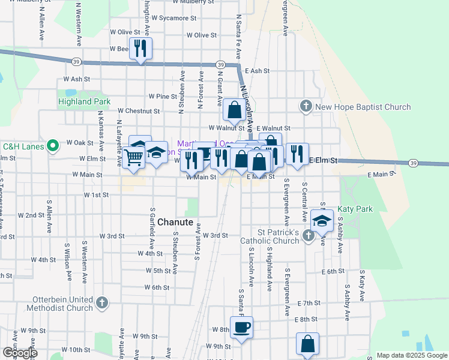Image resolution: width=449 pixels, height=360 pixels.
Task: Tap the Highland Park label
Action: pyautogui.click(x=84, y=102)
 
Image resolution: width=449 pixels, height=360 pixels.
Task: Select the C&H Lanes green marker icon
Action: pyautogui.click(x=52, y=145)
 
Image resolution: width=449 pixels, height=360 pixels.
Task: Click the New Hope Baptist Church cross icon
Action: pyautogui.click(x=306, y=107)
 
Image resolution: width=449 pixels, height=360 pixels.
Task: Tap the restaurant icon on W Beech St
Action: pyautogui.click(x=140, y=49)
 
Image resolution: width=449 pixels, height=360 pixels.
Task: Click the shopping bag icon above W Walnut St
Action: pyautogui.click(x=234, y=110)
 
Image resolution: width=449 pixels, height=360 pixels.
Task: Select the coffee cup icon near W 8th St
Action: pyautogui.click(x=241, y=328)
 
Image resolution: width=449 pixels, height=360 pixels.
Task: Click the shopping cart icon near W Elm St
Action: pyautogui.click(x=134, y=157)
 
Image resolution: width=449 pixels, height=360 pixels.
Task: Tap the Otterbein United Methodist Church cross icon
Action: pyautogui.click(x=101, y=302)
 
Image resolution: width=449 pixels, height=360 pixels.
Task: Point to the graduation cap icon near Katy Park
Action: pyautogui.click(x=322, y=220)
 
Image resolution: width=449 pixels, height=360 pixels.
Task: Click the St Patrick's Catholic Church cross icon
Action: pyautogui.click(x=309, y=236)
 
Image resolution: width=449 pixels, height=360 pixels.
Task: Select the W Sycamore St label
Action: pyautogui.click(x=173, y=19)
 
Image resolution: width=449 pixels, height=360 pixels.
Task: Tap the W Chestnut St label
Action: pyautogui.click(x=139, y=111)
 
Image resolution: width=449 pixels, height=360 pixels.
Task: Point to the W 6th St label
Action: pyautogui.click(x=158, y=287)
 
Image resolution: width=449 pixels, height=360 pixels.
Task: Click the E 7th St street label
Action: pyautogui.click(x=309, y=303)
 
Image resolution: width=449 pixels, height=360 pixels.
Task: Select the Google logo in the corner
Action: pyautogui.click(x=20, y=353)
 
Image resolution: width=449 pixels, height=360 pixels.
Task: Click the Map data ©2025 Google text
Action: pyautogui.click(x=411, y=355)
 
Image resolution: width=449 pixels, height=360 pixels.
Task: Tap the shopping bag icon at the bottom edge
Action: pyautogui.click(x=307, y=344)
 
